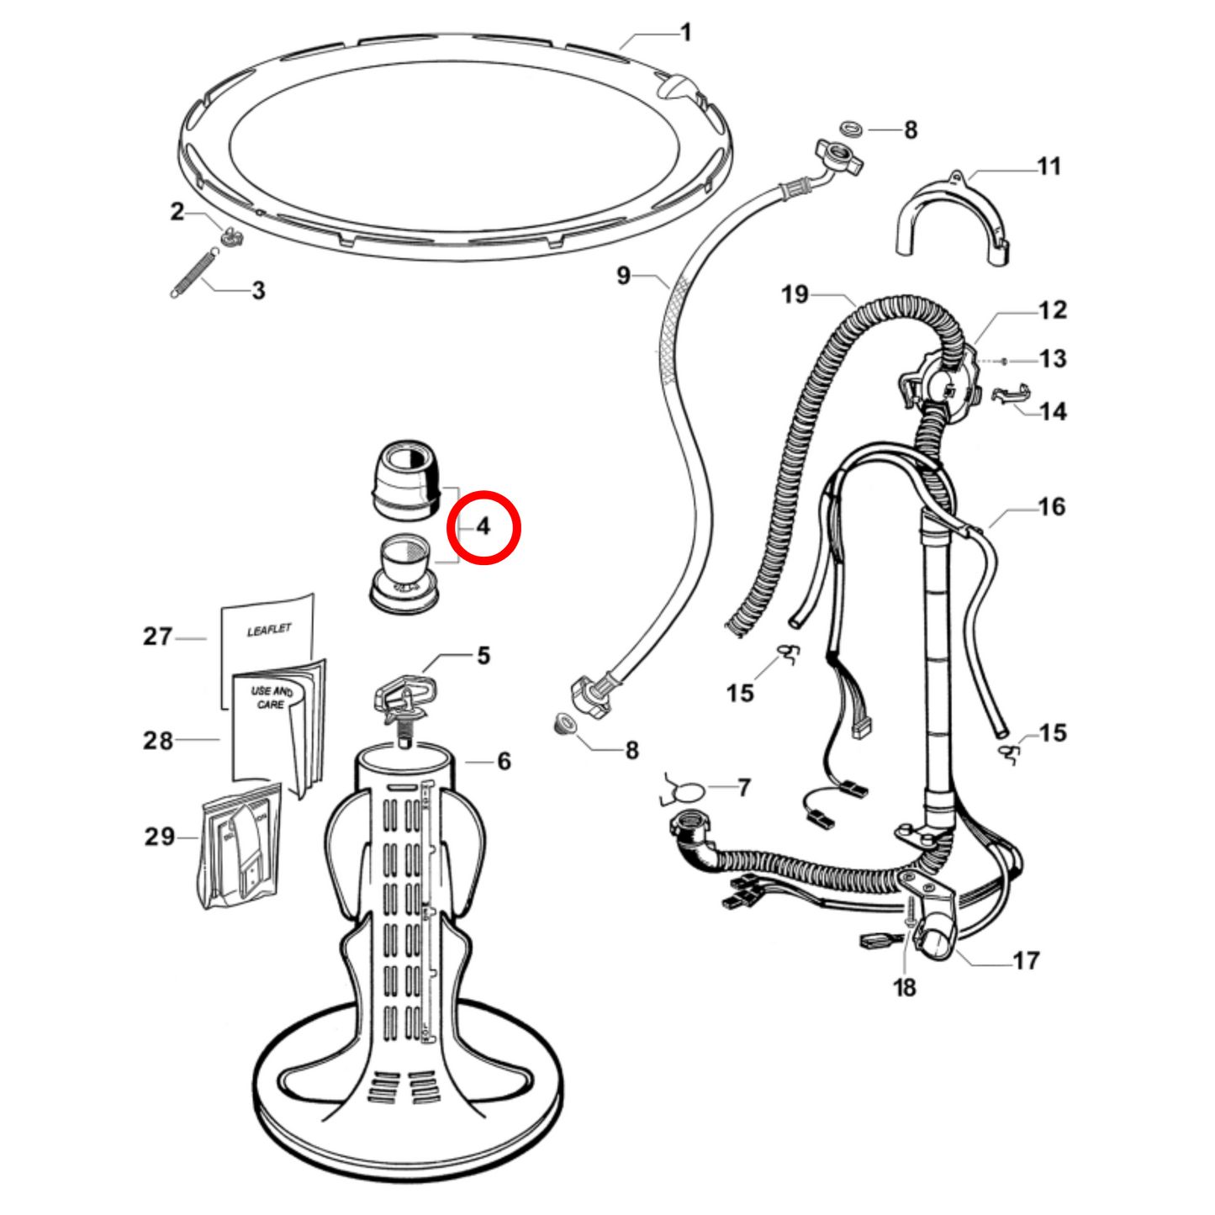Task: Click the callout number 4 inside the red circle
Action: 483,527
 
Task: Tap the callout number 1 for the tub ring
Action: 686,33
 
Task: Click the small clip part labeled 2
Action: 230,237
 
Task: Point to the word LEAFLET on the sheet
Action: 269,630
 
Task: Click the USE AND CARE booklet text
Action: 272,697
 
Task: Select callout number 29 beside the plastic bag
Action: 160,837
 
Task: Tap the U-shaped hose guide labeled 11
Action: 950,217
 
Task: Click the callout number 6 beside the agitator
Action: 504,761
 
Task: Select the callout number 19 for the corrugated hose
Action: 795,294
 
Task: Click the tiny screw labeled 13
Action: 1003,361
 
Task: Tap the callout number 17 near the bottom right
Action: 1026,960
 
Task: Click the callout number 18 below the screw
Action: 905,988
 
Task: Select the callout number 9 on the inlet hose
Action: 623,276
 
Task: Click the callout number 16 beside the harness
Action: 1051,507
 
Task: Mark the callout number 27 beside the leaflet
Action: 158,637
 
